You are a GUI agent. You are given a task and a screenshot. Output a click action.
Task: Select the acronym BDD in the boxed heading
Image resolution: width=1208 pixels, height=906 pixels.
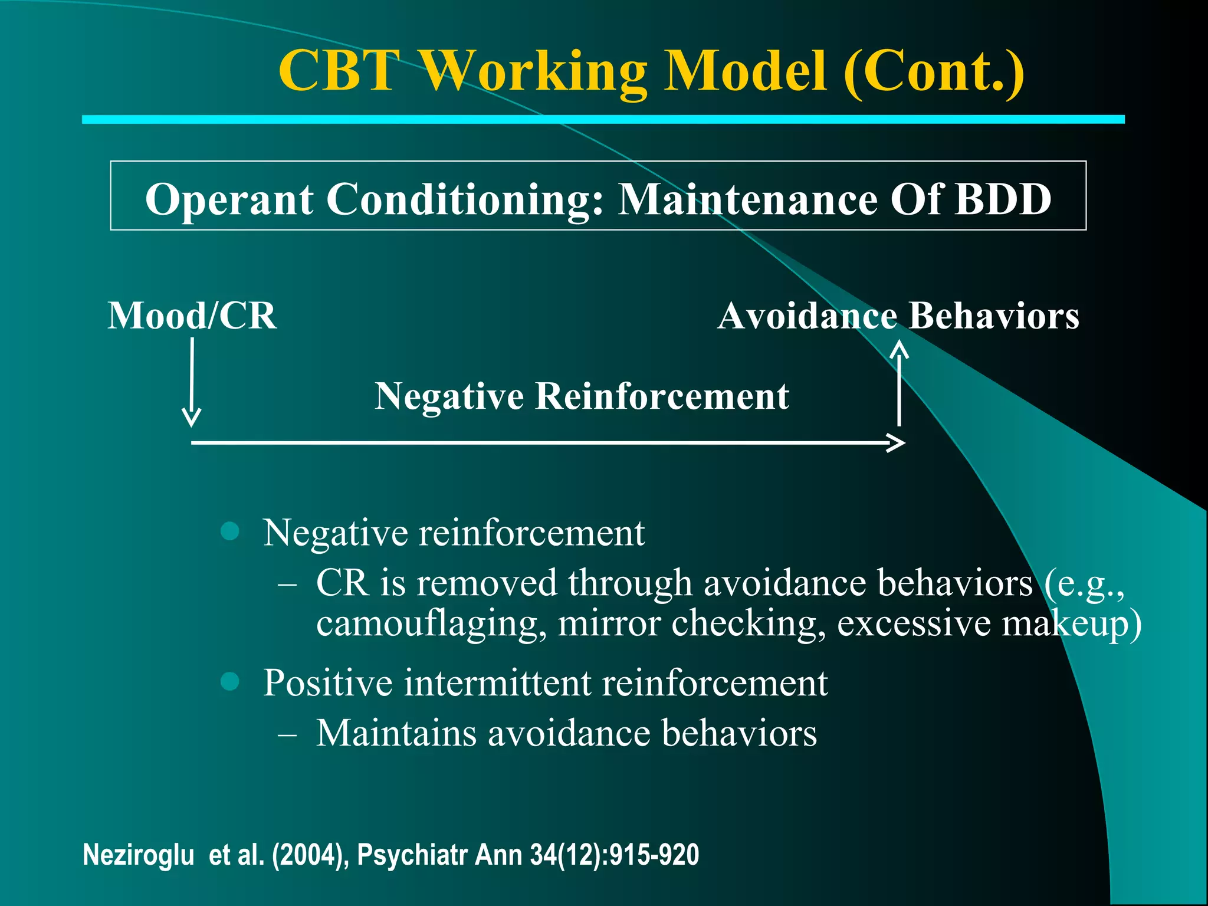[x=1003, y=199]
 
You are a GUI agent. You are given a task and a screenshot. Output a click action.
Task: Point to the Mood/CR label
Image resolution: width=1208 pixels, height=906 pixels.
[x=192, y=316]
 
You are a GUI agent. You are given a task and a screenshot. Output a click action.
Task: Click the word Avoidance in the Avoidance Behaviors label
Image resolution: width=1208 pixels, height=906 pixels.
[x=807, y=316]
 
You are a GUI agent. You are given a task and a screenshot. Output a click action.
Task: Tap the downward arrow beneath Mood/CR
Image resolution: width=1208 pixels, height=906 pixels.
[x=192, y=383]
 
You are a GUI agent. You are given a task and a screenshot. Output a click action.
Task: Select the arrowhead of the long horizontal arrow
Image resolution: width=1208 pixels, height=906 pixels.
[x=897, y=442]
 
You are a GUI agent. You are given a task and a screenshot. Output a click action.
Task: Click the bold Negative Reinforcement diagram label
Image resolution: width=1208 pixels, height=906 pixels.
[x=582, y=396]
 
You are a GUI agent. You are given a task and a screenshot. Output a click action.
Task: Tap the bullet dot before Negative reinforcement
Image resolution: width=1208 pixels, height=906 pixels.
[x=229, y=531]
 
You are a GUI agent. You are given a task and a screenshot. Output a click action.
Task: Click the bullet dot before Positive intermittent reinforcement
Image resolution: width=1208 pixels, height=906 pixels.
[x=229, y=681]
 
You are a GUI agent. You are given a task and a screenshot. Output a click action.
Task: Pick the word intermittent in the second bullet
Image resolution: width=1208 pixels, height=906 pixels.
[x=497, y=683]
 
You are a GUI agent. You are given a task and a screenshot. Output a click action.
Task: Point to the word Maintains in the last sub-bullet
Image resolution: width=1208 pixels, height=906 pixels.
[x=396, y=733]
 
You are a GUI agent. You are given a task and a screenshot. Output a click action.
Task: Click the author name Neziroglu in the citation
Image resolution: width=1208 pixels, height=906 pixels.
[x=139, y=855]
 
